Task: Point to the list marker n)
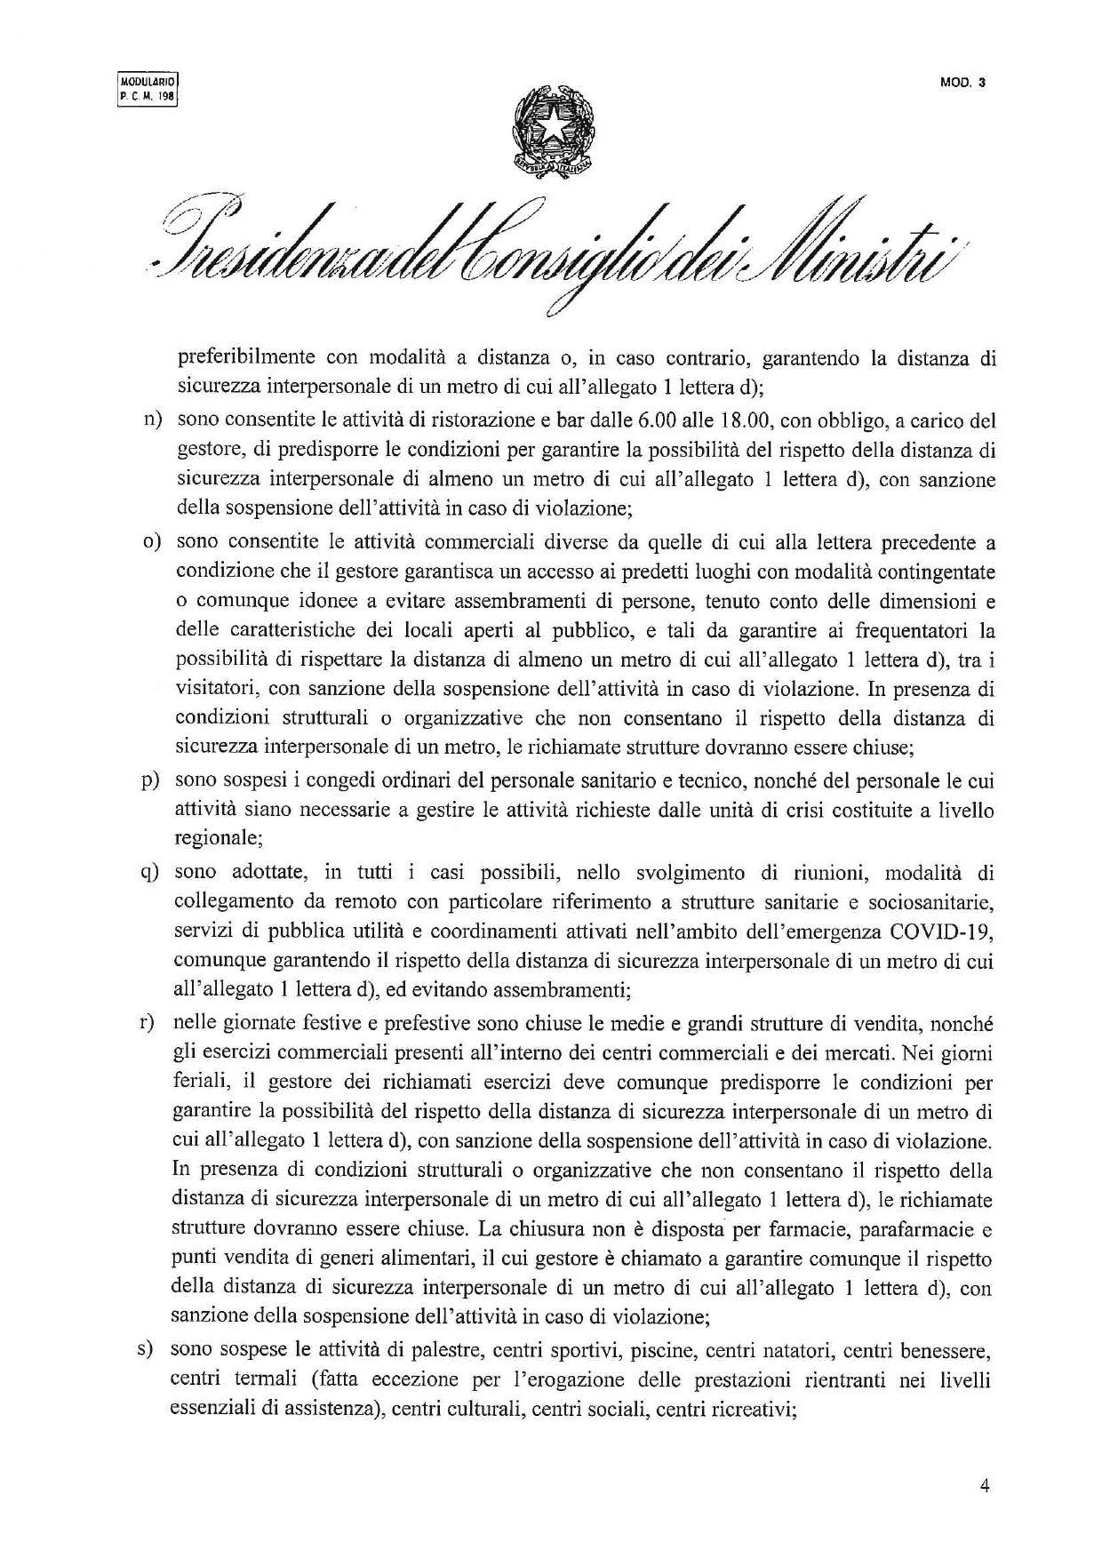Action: [x=154, y=419]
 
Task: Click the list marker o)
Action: [x=154, y=541]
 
